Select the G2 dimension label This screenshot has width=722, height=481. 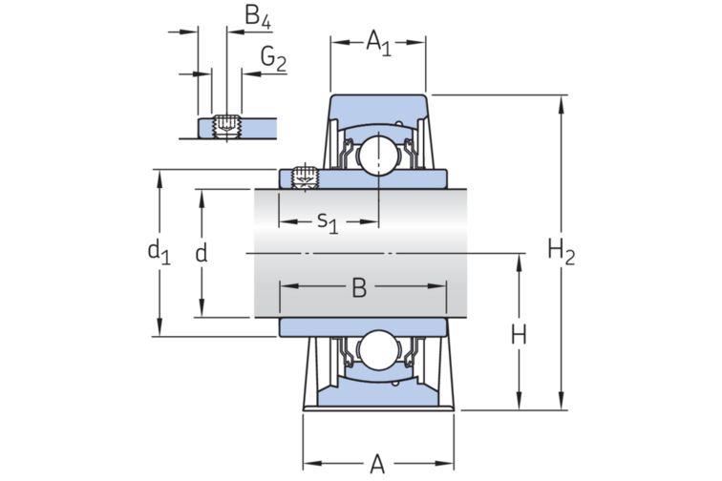(273, 60)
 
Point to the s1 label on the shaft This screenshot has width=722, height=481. (328, 222)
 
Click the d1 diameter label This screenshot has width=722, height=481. (158, 252)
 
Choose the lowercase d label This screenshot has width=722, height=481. (201, 253)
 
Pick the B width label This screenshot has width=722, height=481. (359, 286)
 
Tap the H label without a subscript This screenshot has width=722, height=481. (519, 334)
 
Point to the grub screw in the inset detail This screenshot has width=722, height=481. (226, 126)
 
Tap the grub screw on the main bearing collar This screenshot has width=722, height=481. (305, 177)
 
